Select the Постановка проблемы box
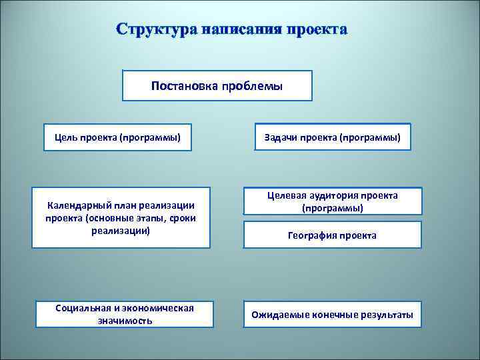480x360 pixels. point(217,86)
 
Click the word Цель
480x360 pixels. point(67,139)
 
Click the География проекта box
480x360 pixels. point(332,235)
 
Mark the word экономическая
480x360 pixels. point(161,308)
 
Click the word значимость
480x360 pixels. point(124,321)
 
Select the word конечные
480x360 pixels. point(334,315)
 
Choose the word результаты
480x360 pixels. point(387,315)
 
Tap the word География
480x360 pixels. point(311,235)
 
